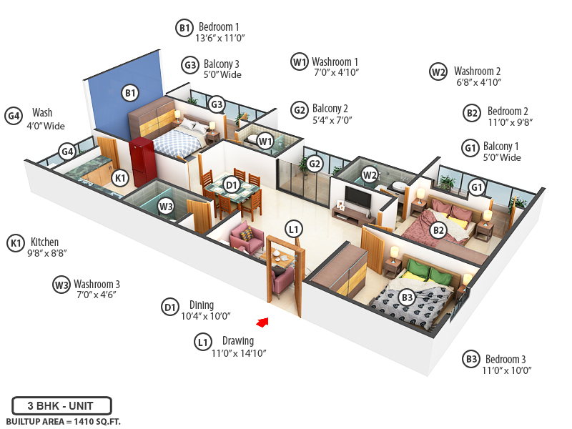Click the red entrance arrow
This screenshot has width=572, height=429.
point(264,322)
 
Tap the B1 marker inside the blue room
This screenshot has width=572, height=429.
point(129,92)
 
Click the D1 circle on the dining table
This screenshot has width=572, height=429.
point(232,185)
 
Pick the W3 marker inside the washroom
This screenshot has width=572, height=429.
point(166,207)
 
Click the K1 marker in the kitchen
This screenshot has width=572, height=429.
point(120,177)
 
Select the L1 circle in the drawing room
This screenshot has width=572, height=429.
point(293,230)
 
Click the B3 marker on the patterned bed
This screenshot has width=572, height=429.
point(407,297)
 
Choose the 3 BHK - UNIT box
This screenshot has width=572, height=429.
point(61,405)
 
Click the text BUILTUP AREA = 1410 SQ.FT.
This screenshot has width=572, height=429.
point(63,422)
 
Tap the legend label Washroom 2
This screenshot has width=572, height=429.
point(477,71)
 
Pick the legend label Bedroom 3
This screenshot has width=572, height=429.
point(506,359)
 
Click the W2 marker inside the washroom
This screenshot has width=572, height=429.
point(370,174)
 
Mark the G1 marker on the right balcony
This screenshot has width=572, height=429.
point(477,187)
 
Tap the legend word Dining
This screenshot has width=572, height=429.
point(202,305)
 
